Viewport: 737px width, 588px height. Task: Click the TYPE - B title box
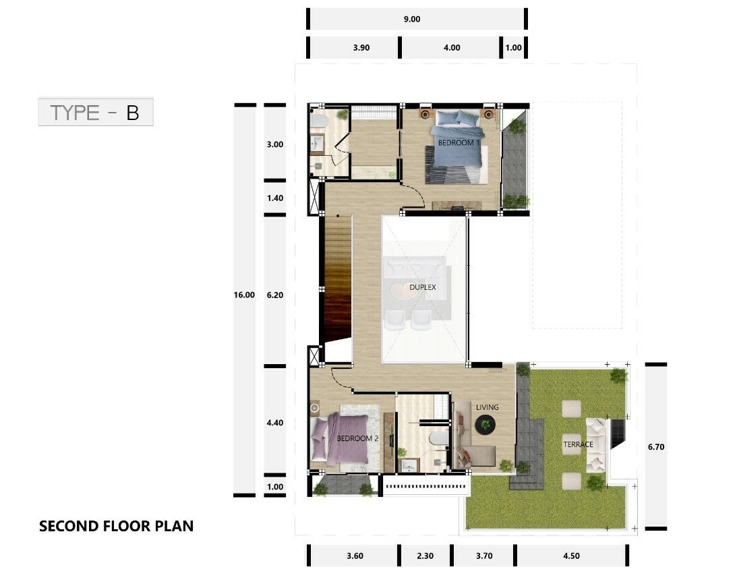coord(96,112)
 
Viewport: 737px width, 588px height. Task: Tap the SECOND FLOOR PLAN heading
coord(116,526)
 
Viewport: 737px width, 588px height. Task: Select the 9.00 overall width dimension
coord(412,20)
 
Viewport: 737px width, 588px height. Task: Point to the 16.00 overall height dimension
coord(244,295)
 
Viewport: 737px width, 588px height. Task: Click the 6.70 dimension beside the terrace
coord(656,447)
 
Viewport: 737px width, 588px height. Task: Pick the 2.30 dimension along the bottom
coord(425,556)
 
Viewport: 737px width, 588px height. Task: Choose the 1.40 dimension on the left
coord(275,198)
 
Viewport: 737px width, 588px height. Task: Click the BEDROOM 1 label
coord(459,142)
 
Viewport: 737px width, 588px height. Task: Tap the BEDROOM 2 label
coord(357,438)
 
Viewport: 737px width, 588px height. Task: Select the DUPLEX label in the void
coord(423,287)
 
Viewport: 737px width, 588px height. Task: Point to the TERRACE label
coord(578,444)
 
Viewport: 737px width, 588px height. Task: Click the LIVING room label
coord(487,407)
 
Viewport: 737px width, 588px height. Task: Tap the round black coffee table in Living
coord(485,425)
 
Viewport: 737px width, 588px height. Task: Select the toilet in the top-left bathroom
coord(319,120)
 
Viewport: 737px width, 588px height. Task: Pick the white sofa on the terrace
coord(595,444)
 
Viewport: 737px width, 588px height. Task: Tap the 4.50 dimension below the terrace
coord(572,556)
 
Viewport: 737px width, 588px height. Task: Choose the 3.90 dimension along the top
coord(361,47)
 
